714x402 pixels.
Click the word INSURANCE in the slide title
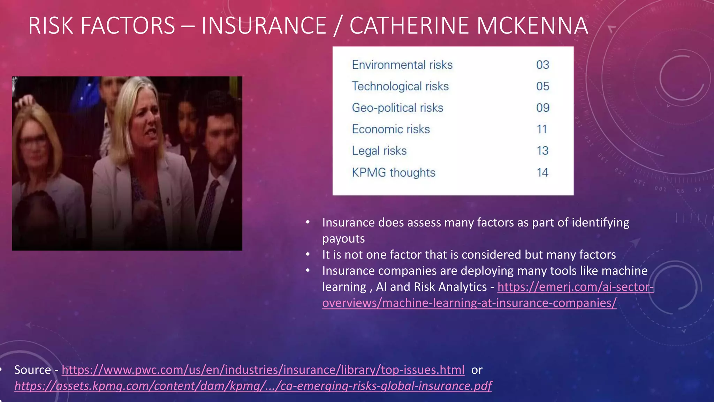[264, 25]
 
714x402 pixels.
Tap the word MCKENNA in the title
[532, 25]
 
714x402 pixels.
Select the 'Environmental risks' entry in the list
[402, 65]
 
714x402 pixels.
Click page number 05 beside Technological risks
[542, 86]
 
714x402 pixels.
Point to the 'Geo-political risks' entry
[397, 108]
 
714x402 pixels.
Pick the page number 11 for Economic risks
[542, 129]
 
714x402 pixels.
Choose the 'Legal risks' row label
[379, 151]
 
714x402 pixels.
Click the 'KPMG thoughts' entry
[394, 172]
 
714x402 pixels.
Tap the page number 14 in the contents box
[542, 172]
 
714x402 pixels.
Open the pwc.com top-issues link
[263, 370]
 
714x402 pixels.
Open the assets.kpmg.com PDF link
[253, 386]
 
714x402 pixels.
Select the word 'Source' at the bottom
[32, 370]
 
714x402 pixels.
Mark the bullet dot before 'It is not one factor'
[308, 254]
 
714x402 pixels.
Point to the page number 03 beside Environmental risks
[542, 65]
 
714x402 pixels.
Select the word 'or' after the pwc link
[477, 370]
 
